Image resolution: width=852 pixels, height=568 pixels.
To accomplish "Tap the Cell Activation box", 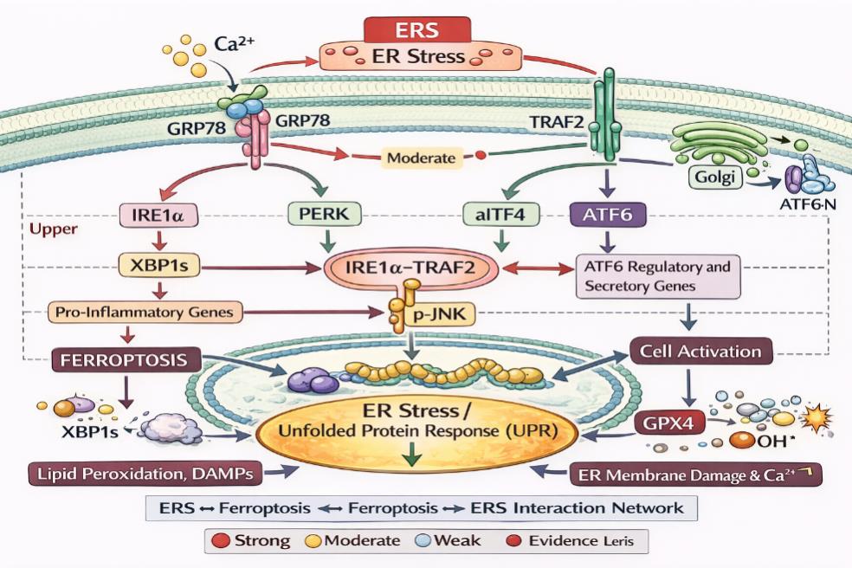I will (x=700, y=352).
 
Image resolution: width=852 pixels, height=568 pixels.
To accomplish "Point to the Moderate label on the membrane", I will (x=420, y=158).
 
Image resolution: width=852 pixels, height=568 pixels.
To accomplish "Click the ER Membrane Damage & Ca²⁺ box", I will (x=694, y=474).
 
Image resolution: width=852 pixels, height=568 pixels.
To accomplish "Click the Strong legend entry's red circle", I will (x=220, y=541).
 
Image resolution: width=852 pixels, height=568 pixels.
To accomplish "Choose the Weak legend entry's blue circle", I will (x=422, y=541).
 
